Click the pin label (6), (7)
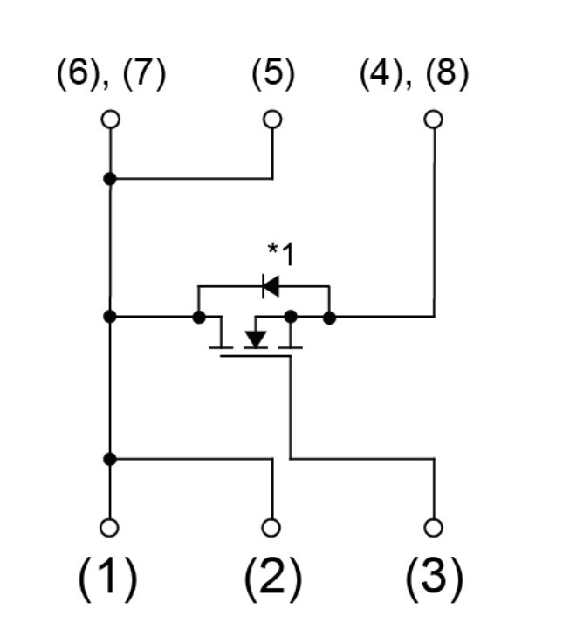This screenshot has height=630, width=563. coord(112,74)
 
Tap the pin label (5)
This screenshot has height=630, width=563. coord(273,74)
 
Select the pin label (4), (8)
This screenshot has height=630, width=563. coord(414,74)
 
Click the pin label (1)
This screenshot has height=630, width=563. coord(107,579)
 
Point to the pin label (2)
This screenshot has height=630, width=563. coord(273,579)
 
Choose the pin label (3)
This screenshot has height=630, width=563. coord(435,579)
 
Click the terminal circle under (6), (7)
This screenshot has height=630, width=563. coord(111,120)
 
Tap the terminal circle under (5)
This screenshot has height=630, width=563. coord(272,120)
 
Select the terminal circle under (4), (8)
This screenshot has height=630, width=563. coord(434,120)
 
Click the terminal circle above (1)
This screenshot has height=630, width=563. coord(109,528)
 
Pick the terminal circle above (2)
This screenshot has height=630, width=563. coord(271,528)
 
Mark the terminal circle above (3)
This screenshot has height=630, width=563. coord(434,528)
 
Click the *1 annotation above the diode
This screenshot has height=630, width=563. coord(281,254)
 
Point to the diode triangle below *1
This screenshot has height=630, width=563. coord(271,286)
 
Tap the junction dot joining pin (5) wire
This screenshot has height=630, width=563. coord(110,179)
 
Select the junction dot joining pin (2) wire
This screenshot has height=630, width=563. coord(110,459)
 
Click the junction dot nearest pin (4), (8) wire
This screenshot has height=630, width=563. coord(330,318)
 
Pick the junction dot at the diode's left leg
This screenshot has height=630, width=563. coord(199,318)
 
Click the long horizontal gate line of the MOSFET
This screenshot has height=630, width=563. coord(256,356)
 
